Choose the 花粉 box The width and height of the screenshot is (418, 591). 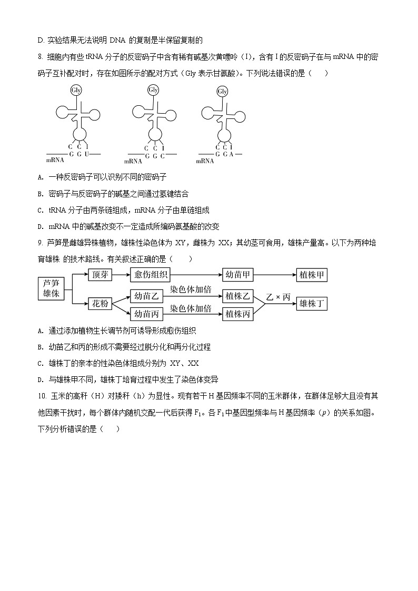click(100, 304)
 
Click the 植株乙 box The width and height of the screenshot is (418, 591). click(238, 296)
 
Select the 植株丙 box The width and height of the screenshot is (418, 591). click(238, 314)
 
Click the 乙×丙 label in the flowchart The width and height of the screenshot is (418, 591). click(278, 297)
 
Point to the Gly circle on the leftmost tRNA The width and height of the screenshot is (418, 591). click(76, 90)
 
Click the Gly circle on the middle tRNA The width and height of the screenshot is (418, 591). click(153, 90)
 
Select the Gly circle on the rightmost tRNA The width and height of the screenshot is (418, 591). click(223, 92)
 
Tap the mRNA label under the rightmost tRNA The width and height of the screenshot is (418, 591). click(205, 161)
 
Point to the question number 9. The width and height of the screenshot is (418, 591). click(41, 243)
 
